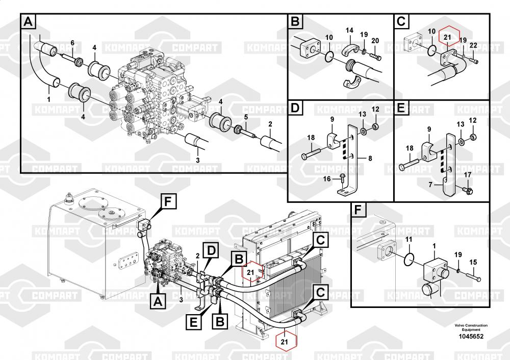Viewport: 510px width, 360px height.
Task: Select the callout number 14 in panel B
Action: (x=349, y=31)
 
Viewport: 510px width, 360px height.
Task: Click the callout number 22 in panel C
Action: (x=473, y=45)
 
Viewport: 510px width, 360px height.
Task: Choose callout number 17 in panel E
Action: (x=467, y=176)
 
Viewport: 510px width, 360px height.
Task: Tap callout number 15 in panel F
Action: (x=473, y=262)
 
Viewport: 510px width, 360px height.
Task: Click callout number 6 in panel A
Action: (x=72, y=42)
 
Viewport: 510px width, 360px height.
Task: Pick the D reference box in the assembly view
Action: (x=211, y=250)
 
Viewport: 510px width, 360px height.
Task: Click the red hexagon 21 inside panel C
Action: (x=447, y=37)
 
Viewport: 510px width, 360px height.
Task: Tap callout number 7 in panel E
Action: (x=430, y=185)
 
